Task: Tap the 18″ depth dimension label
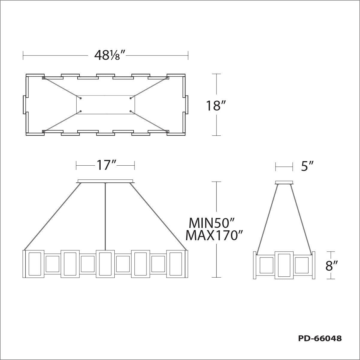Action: tap(216, 105)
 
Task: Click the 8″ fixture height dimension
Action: tap(332, 266)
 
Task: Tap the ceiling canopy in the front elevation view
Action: tap(105, 181)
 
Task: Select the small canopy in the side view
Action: tap(284, 182)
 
